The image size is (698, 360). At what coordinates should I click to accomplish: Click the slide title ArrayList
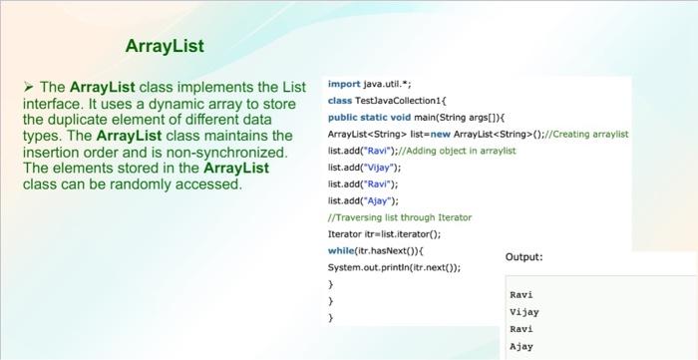[165, 46]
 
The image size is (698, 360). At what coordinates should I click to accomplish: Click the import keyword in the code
[343, 86]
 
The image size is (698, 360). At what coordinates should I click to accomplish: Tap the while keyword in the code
[342, 250]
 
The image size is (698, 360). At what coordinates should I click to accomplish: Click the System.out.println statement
[395, 267]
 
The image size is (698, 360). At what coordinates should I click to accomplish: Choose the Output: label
[524, 257]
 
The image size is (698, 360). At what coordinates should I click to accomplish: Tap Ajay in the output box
[521, 346]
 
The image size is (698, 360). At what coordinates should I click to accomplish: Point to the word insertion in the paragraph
[52, 152]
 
